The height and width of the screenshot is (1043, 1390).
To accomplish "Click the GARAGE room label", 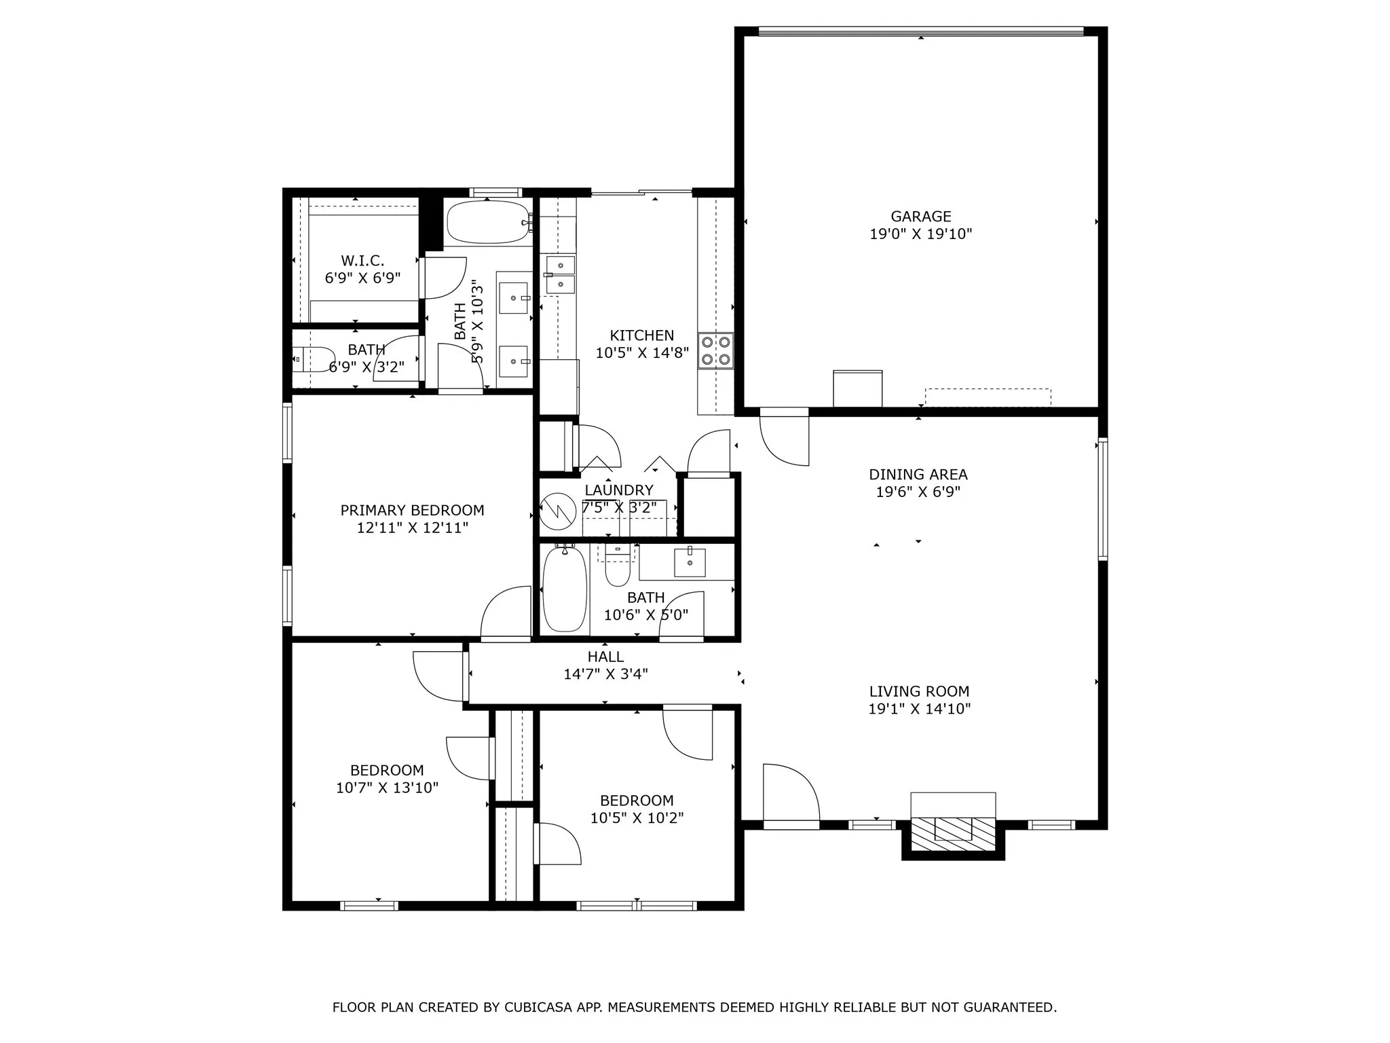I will [920, 217].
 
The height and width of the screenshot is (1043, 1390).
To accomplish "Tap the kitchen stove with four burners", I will [717, 350].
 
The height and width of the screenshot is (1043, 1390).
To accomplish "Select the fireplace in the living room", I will [952, 832].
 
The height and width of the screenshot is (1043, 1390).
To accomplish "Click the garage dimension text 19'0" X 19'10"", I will [920, 234].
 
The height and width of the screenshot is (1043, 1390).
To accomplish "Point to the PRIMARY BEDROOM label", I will [412, 510].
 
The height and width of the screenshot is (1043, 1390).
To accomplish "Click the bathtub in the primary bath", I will [487, 222].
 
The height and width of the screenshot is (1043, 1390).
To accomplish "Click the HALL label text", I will [605, 657].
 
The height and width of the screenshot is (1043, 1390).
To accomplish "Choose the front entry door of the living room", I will [791, 794].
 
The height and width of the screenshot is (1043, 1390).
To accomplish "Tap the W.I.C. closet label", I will [362, 261].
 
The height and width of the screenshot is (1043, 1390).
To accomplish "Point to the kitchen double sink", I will [560, 274].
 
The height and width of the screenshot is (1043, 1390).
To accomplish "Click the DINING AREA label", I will [918, 475].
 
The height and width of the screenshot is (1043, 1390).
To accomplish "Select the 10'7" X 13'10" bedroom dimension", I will [387, 788].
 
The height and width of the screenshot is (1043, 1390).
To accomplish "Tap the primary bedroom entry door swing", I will [506, 613].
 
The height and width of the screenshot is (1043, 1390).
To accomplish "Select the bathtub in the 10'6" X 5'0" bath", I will [564, 589].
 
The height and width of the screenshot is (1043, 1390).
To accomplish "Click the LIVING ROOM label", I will [919, 691].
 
